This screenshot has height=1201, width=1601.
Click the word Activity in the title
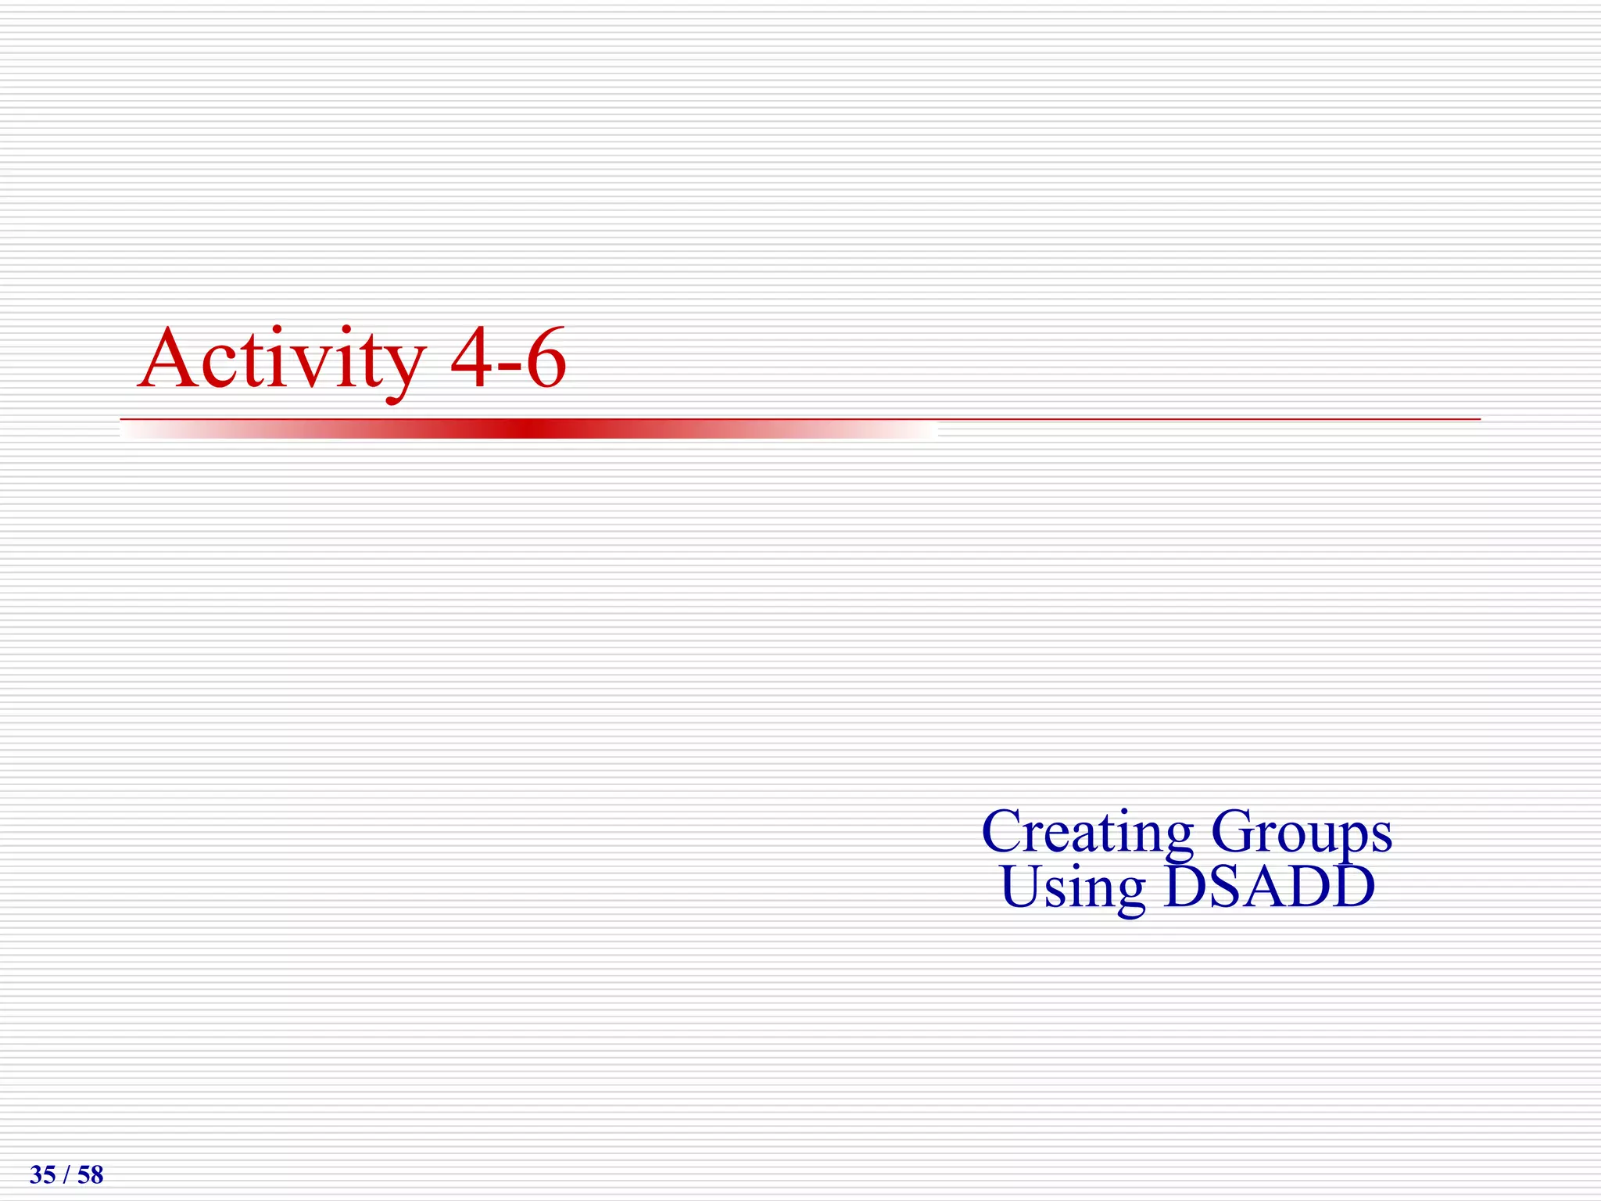[281, 360]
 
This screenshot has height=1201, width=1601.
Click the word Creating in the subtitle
[1087, 833]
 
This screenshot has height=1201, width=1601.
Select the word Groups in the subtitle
[1302, 833]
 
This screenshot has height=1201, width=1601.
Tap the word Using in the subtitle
[1073, 888]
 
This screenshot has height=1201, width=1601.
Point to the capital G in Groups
[1234, 830]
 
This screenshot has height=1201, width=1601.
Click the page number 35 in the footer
[42, 1174]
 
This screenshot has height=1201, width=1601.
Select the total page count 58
[91, 1174]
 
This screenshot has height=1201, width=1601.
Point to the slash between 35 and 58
[66, 1174]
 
